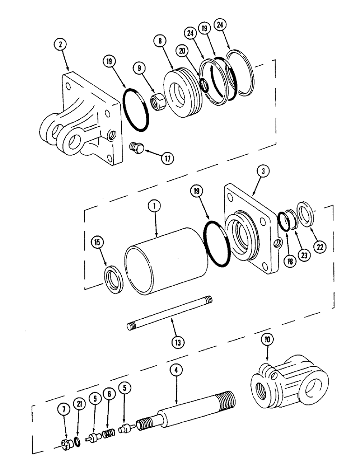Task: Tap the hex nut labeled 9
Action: click(x=159, y=98)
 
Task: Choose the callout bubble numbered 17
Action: click(x=166, y=158)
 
